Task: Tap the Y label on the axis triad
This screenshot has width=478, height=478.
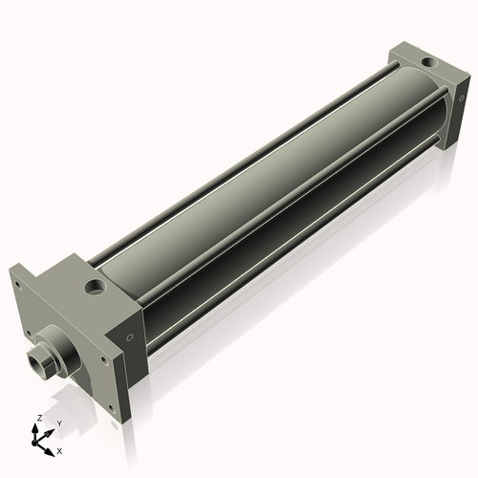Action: tap(58, 424)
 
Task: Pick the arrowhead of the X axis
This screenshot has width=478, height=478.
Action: tap(52, 446)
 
